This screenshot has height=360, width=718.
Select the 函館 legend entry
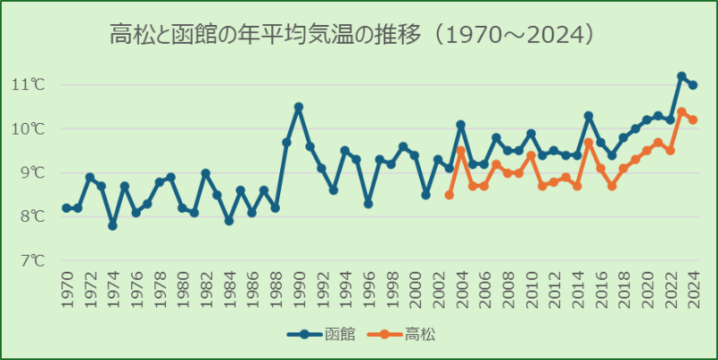324,334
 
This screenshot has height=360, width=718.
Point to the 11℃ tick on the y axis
29,84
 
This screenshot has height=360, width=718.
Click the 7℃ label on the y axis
29,260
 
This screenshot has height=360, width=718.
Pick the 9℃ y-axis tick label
29,172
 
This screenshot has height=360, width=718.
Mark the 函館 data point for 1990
299,107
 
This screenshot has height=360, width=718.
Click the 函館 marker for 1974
112,225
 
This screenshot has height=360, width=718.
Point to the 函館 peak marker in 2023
682,76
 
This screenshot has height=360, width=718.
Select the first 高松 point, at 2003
450,195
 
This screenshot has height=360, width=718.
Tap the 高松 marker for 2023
682,112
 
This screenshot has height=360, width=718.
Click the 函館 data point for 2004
461,125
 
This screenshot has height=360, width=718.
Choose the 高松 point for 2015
589,142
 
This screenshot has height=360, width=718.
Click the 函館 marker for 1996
368,204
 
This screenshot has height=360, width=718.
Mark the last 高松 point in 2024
694,120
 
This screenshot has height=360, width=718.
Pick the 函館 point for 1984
229,221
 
